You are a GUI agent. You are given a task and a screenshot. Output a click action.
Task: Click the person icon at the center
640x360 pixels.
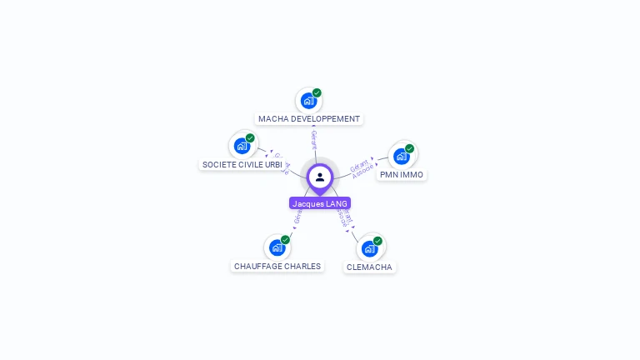[x=320, y=177]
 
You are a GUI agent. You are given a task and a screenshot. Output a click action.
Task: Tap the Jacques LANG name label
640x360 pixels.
[x=320, y=203]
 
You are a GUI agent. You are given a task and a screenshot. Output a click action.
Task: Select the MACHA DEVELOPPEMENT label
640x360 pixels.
[x=309, y=119]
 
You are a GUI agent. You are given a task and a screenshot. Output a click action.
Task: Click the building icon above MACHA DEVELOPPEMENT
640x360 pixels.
[x=309, y=101]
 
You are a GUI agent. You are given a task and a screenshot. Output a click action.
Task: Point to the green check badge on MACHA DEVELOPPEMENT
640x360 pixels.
[x=317, y=93]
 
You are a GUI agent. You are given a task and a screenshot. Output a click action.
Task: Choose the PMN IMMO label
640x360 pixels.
[x=402, y=175]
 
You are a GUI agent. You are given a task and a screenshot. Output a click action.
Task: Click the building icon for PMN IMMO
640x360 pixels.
[x=402, y=156]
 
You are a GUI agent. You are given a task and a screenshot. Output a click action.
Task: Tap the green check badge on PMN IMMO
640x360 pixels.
[x=409, y=148]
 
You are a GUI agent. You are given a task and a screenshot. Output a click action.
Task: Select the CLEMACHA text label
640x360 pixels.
[x=369, y=267]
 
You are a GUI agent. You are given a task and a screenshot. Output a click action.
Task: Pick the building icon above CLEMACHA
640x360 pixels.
[x=370, y=248]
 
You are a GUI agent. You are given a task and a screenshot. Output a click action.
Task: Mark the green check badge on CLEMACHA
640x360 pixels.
[x=377, y=241]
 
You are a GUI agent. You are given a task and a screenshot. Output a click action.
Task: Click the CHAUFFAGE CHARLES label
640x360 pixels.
[x=277, y=267]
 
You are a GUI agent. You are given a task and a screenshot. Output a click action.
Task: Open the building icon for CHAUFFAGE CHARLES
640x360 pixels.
[x=277, y=247]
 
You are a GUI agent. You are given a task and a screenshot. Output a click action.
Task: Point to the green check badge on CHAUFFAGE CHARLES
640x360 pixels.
[x=285, y=240]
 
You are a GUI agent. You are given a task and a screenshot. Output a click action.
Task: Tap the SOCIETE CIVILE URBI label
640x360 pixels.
[x=242, y=165]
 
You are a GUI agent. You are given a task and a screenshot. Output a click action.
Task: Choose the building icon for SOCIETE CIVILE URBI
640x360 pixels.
[x=242, y=146]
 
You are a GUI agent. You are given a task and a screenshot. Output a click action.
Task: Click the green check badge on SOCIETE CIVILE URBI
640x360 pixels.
[x=250, y=138]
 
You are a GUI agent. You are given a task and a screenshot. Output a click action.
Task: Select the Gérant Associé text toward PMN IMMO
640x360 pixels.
[x=362, y=167]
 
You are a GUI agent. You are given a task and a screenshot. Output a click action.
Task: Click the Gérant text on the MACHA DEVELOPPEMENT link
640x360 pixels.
[x=314, y=138]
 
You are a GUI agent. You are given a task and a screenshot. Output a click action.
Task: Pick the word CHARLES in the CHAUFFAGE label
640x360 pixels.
[x=302, y=267]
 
